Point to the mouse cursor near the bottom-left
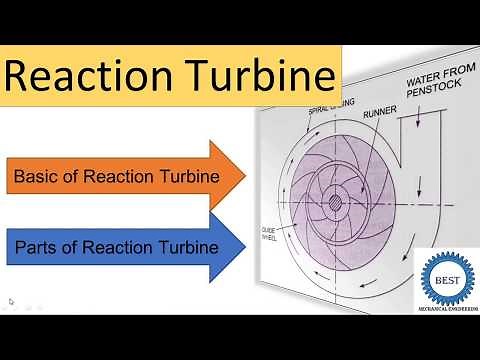click(11, 301)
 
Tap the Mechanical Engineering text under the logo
click(446, 304)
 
